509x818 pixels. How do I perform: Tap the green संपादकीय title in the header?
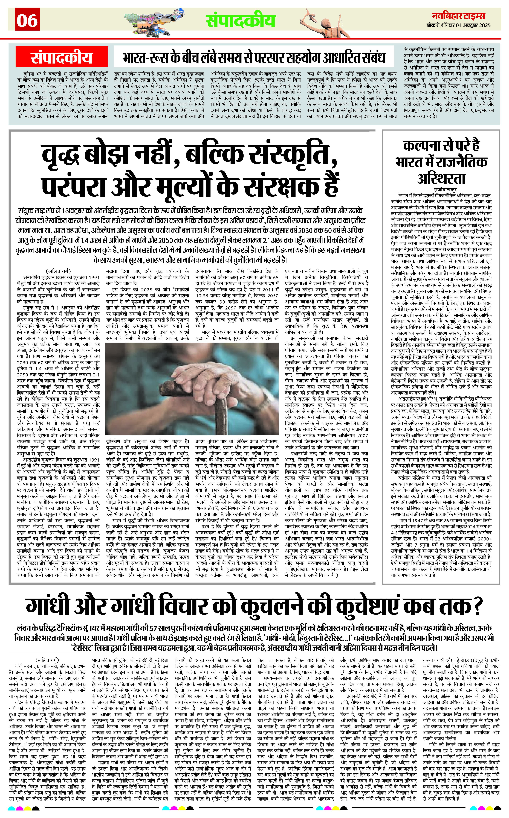point(240,20)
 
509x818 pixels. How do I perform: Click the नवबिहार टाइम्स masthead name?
point(458,16)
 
